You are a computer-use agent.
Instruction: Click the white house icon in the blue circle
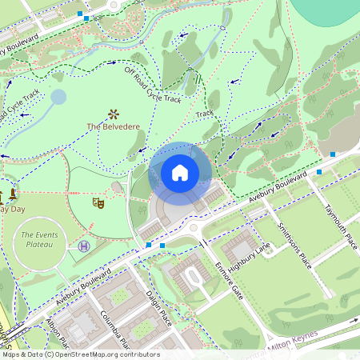180,173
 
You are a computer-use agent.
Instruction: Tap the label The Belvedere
113,126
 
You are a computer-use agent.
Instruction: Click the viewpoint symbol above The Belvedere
114,113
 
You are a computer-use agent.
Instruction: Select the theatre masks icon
98,204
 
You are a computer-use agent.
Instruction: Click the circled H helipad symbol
83,246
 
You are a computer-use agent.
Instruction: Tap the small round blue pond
58,98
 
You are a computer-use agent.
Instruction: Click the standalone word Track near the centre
206,114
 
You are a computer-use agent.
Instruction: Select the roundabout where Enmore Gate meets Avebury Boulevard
194,229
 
